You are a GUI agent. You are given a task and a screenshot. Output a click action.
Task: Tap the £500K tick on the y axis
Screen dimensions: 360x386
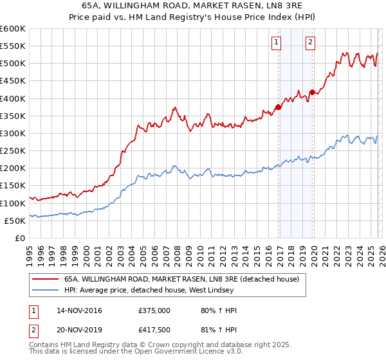click(12, 64)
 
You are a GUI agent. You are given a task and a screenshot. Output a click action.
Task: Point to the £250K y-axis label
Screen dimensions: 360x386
click(12, 150)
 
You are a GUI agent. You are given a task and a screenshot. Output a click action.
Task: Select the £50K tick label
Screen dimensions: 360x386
click(14, 221)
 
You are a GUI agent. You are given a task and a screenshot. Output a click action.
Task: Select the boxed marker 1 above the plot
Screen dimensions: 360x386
click(276, 42)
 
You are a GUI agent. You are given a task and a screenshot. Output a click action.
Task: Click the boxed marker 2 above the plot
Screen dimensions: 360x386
click(310, 42)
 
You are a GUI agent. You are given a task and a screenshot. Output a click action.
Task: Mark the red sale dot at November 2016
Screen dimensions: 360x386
click(278, 107)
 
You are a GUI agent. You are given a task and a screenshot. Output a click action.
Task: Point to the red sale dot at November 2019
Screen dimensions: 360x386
click(312, 92)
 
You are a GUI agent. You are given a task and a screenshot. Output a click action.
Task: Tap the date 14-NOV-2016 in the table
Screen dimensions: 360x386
click(80, 310)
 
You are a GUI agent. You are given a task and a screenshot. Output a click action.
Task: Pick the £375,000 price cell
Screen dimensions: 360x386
click(154, 310)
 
